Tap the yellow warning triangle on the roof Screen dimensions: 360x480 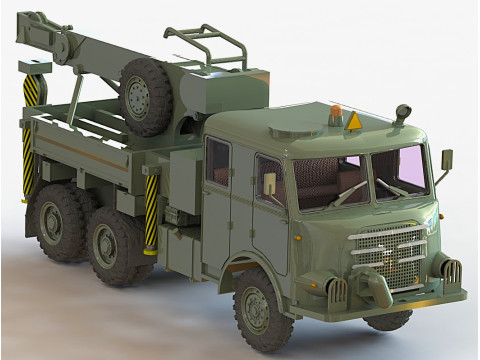coord(353,121)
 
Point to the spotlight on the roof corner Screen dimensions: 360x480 coord(402,112)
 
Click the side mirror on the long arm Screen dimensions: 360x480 coord(446,160)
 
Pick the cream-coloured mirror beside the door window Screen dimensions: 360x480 coord(268,182)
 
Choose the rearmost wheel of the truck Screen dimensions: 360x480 coord(57,221)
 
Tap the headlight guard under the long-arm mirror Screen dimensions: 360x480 coord(451,270)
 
